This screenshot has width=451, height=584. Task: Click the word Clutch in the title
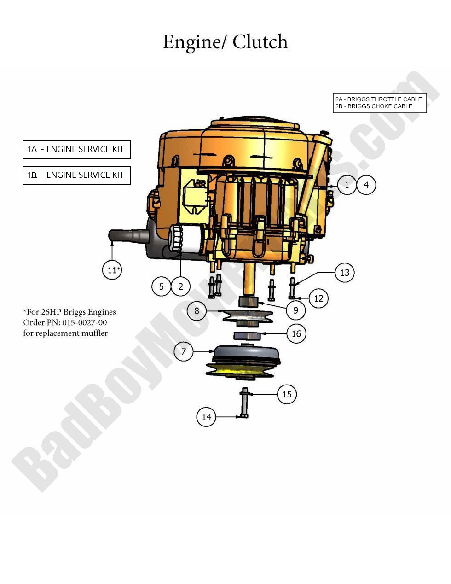point(260,42)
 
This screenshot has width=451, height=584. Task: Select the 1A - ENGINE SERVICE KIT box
point(76,149)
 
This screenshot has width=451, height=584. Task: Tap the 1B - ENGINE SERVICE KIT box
point(76,175)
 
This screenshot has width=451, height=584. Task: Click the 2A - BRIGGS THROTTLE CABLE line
point(379,99)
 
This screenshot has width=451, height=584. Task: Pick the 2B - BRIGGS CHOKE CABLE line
point(374,106)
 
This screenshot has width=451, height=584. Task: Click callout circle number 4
point(366,185)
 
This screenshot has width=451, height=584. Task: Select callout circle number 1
point(347,185)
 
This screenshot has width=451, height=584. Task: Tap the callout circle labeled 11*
point(112,270)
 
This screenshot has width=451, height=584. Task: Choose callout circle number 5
point(162,286)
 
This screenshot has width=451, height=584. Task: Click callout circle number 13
point(345,273)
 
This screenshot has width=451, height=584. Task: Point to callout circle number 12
point(318,298)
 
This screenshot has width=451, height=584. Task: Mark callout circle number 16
point(296,333)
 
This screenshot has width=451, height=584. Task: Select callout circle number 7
point(184,352)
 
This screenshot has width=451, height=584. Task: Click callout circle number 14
point(206,417)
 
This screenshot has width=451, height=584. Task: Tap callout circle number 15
point(287,394)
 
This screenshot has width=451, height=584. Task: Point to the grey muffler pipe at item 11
point(129,236)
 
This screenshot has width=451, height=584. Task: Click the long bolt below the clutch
point(244,403)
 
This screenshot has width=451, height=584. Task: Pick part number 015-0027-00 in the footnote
point(81,322)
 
